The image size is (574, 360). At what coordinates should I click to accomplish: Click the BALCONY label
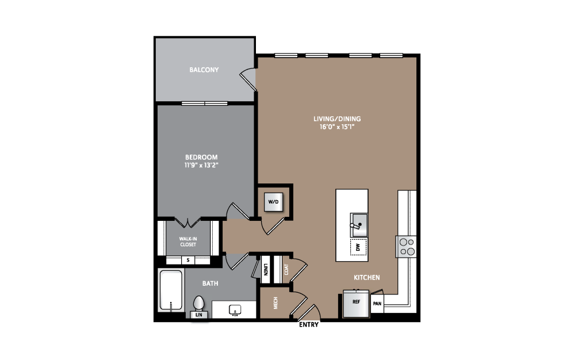coord(204,70)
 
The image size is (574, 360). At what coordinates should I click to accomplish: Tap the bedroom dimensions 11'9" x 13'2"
coord(201,165)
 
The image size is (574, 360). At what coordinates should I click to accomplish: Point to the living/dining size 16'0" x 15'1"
coord(337,127)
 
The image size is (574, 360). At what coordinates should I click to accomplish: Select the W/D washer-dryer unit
coord(273,202)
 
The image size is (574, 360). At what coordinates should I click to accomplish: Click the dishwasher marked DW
coord(358,247)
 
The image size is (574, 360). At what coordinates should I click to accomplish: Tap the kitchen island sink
coord(359,225)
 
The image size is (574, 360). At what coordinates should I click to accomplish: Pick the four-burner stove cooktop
coord(406,247)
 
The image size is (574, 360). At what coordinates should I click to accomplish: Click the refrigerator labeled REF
coord(356,303)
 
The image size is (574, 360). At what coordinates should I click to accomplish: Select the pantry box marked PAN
coord(377,303)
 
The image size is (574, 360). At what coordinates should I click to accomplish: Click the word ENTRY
coord(309,324)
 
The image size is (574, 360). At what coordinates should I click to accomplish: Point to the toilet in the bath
coord(199,303)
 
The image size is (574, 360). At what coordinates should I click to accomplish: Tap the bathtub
coord(171,290)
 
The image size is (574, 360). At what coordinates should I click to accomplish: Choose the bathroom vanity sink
coord(235,310)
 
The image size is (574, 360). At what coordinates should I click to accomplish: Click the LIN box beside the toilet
coord(199,315)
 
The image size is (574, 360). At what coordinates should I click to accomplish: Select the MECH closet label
coord(275,303)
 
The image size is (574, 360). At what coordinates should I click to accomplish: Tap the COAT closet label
coord(286,270)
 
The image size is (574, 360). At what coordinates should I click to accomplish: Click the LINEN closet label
coord(266,270)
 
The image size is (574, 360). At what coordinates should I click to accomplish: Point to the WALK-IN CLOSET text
coord(188,242)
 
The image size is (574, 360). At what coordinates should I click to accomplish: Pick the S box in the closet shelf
coord(188,260)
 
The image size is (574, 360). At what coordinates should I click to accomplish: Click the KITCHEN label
coord(366,278)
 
